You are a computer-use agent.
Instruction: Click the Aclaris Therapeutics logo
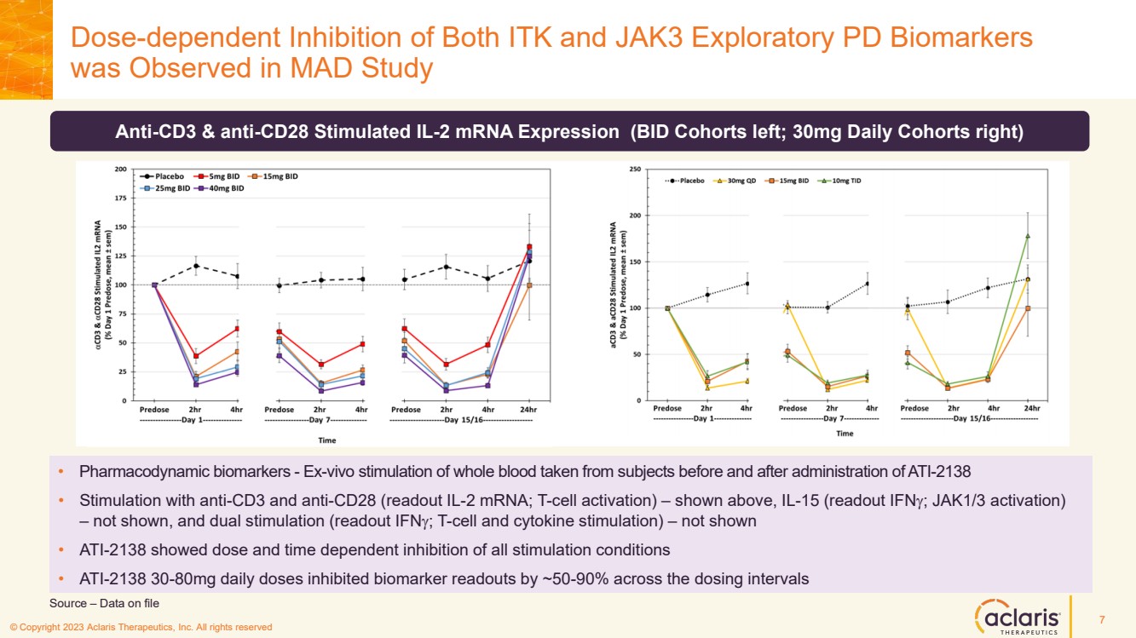pos(1018,617)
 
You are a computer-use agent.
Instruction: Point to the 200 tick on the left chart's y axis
pos(121,170)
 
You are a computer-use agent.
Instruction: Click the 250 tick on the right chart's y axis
pos(635,170)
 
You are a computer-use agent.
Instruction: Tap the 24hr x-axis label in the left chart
pos(528,410)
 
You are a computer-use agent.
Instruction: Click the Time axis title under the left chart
pos(327,440)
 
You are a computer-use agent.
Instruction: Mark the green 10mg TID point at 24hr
pos(1028,236)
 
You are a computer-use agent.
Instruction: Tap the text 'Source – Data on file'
pos(105,603)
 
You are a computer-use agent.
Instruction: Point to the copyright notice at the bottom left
pos(141,627)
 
